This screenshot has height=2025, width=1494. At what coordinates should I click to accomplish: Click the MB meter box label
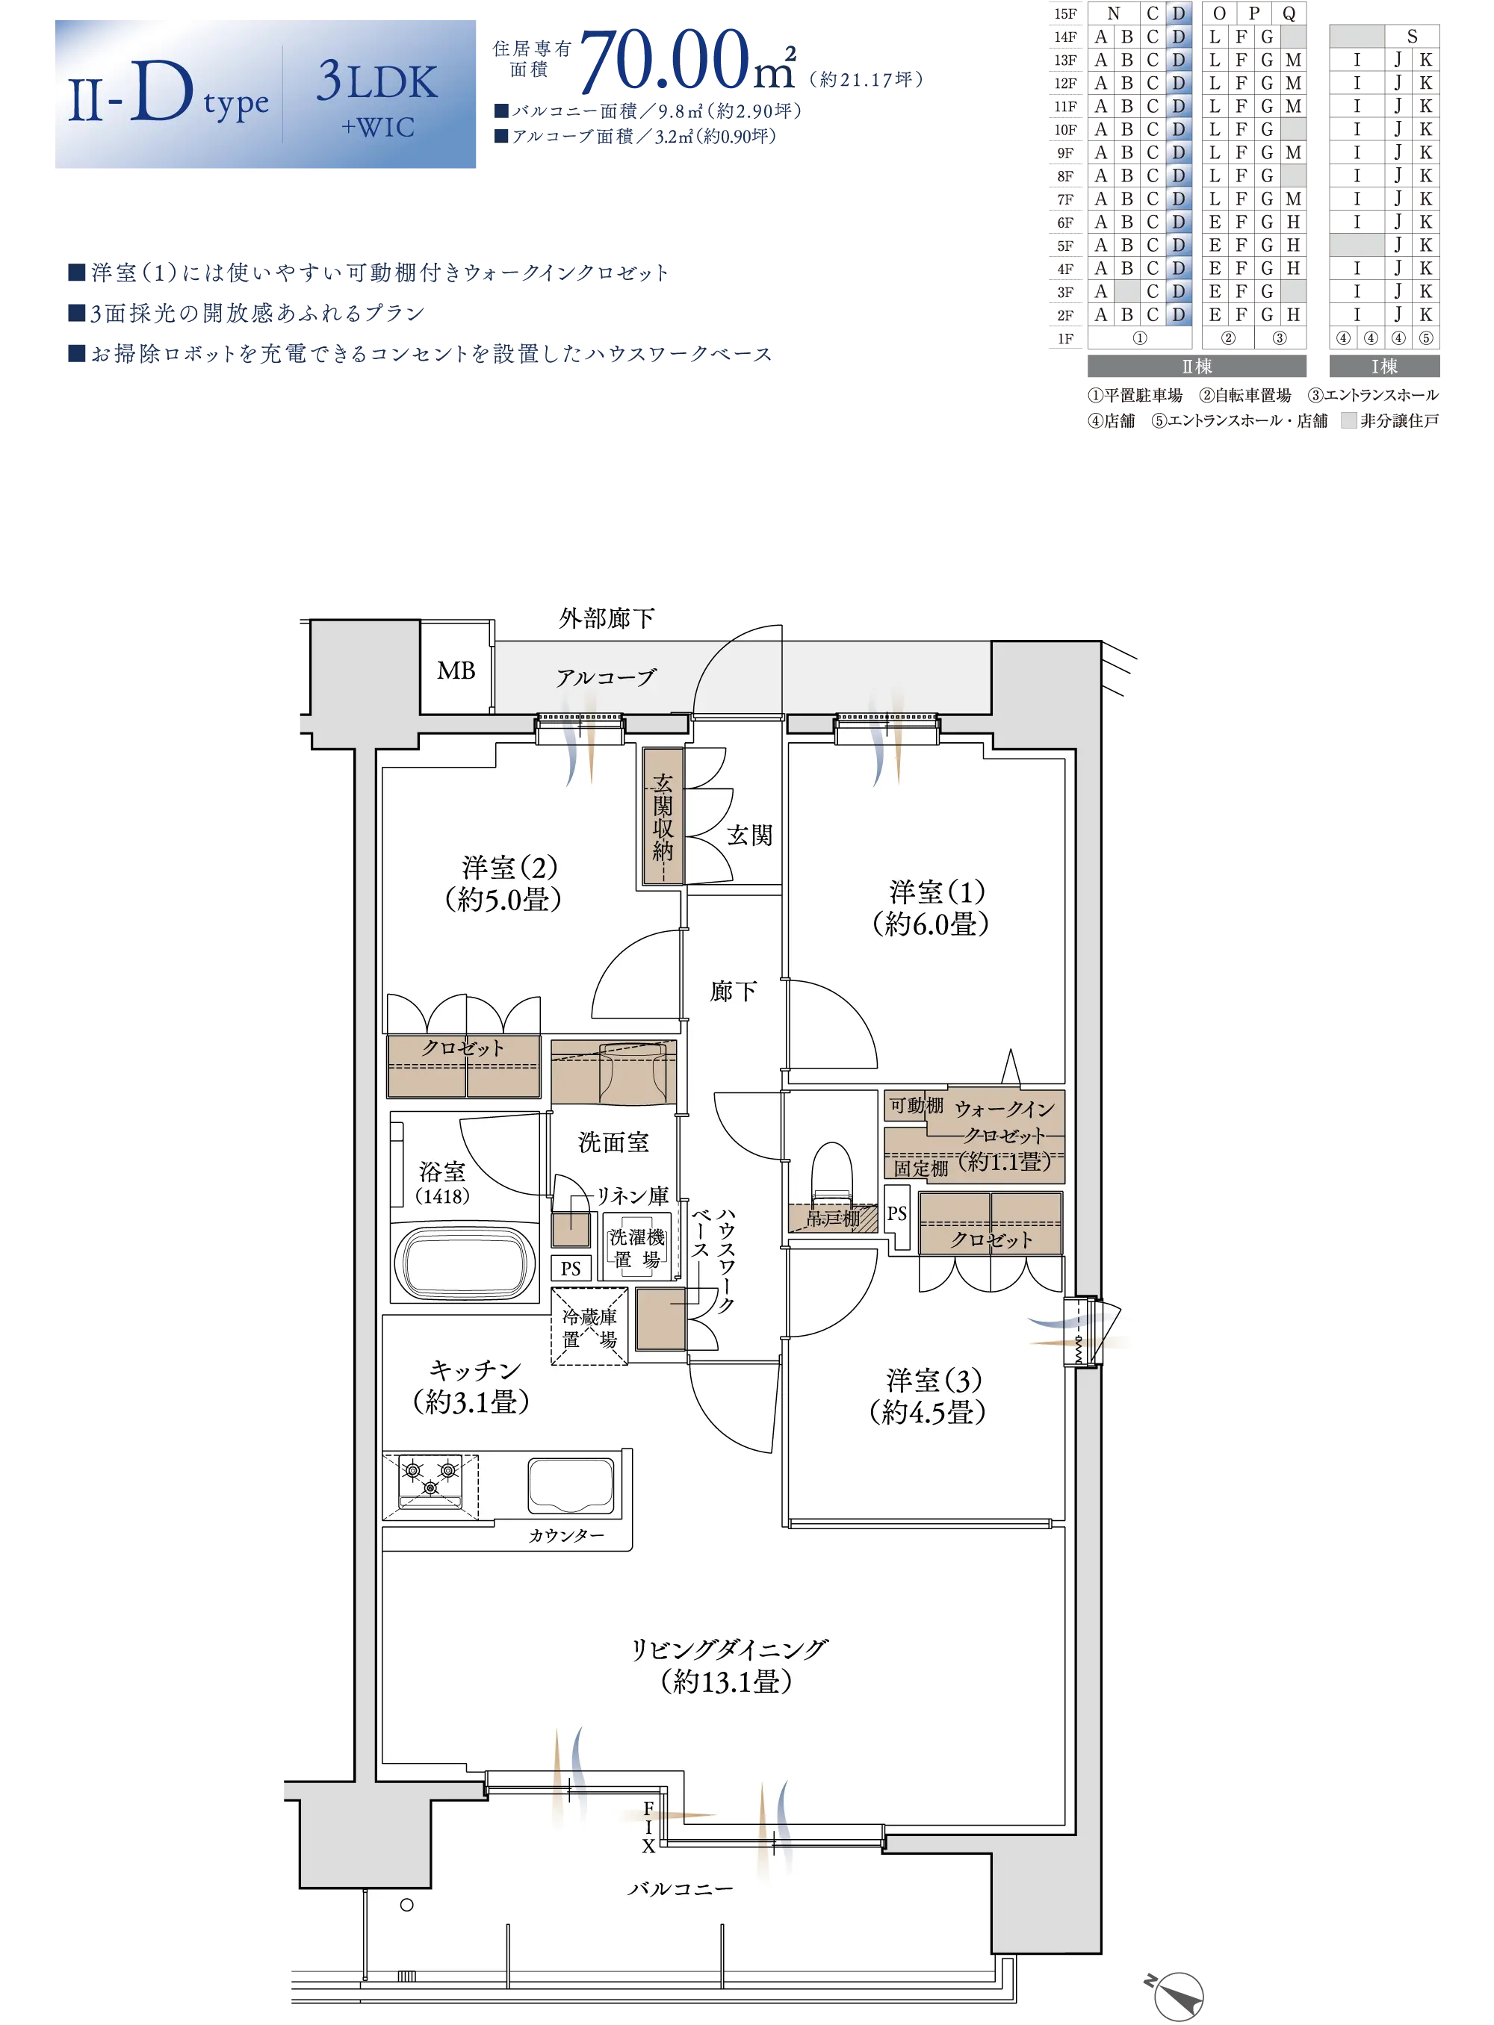point(456,671)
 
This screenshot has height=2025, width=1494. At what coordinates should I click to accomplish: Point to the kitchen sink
point(571,1485)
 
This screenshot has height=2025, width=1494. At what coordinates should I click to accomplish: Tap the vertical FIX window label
point(648,1827)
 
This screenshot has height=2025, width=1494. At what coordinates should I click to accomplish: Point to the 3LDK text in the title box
point(377,81)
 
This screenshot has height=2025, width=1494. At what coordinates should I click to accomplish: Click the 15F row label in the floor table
point(1065,13)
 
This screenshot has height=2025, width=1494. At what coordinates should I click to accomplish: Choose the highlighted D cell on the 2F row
point(1178,314)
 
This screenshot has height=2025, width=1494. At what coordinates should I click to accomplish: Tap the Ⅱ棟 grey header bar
point(1197,366)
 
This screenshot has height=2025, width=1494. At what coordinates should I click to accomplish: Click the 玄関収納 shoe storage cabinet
point(663,815)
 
